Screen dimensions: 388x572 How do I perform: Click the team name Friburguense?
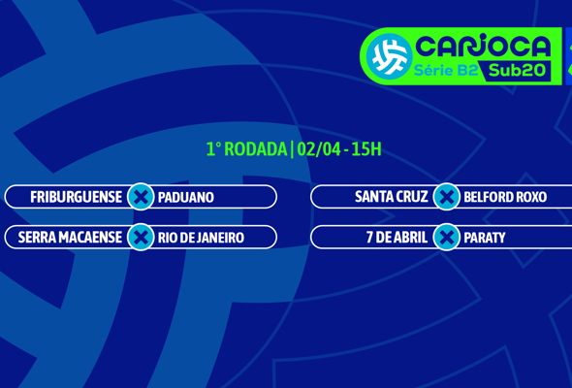tap(76, 197)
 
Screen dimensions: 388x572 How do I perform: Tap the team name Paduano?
tap(186, 197)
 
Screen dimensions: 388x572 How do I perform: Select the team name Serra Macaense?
tap(70, 238)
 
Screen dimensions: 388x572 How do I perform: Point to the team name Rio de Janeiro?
tap(201, 238)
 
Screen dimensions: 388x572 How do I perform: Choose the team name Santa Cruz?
tap(391, 197)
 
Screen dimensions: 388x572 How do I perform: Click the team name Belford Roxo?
tap(505, 197)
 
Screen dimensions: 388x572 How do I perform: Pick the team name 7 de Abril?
tap(397, 238)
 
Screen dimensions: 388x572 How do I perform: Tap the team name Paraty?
tap(485, 238)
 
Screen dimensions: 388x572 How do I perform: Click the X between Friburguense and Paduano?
tap(141, 197)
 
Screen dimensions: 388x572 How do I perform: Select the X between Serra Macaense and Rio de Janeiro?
tap(141, 238)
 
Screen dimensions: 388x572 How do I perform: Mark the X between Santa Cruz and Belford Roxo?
tap(446, 197)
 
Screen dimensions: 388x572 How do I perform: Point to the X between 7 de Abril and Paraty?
tap(446, 238)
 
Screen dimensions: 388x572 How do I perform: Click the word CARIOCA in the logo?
tap(482, 46)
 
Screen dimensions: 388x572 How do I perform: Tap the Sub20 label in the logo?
tap(517, 70)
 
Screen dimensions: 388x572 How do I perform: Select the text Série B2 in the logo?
tap(445, 70)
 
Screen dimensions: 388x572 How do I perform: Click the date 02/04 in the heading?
tap(317, 149)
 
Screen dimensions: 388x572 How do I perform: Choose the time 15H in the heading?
tap(366, 149)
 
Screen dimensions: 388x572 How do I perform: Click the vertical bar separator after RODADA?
tap(291, 149)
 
